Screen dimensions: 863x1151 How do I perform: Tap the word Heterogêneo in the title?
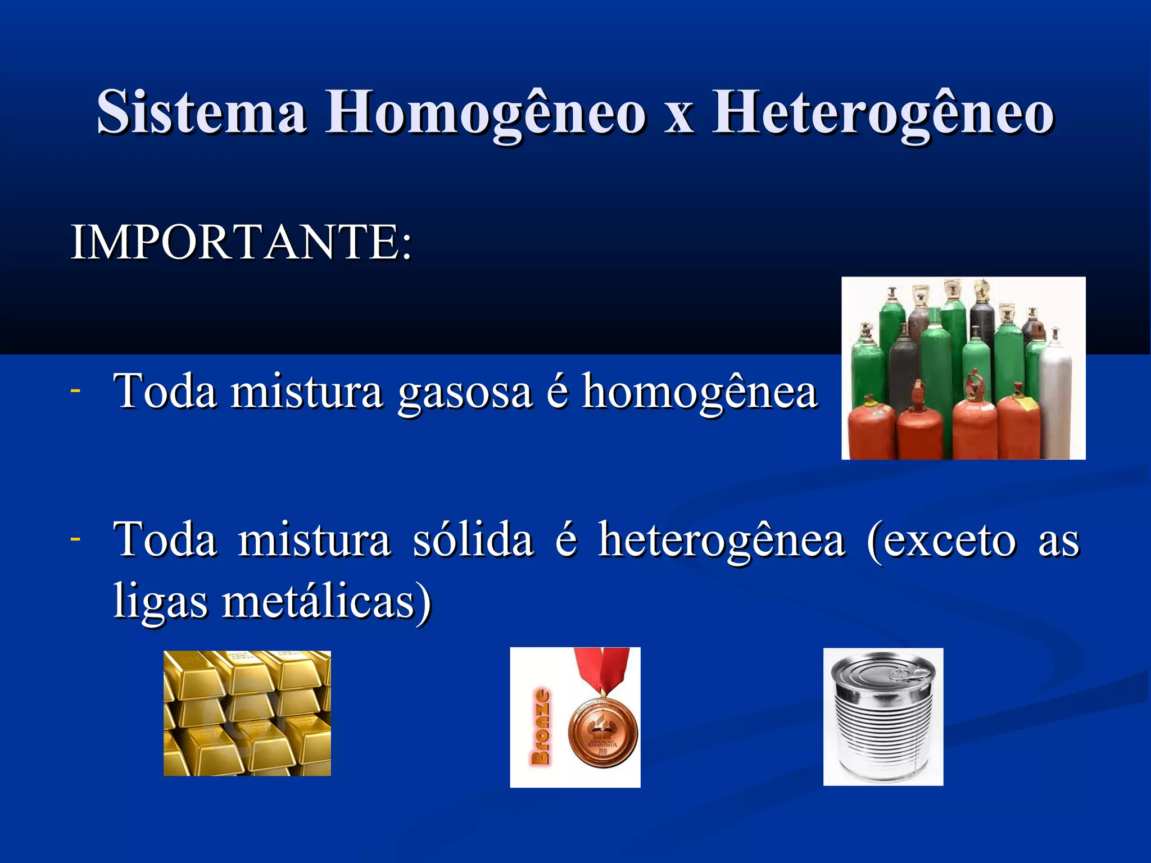(883, 112)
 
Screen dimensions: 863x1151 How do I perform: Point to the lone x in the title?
(679, 115)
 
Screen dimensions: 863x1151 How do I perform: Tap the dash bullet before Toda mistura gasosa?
(75, 389)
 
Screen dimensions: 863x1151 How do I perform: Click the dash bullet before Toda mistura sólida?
(75, 538)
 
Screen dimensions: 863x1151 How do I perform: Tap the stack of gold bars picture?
(247, 713)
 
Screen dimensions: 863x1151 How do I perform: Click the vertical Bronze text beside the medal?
(540, 727)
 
